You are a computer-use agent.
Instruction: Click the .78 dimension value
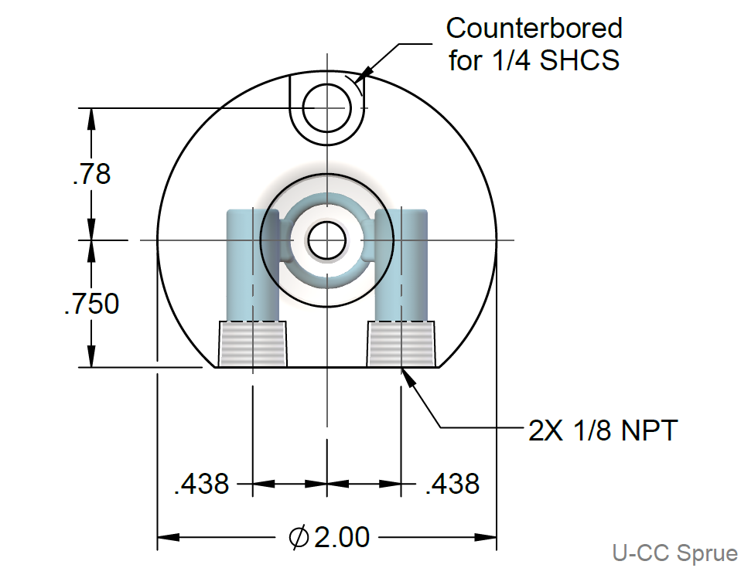tap(92, 174)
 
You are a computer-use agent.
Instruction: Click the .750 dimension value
tap(92, 304)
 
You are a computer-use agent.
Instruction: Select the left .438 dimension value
tap(202, 484)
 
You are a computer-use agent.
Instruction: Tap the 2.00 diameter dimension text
tap(341, 536)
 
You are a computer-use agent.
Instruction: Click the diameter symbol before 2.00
tap(298, 536)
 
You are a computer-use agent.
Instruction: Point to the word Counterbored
tap(534, 29)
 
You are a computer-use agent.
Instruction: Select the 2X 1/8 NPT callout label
tap(603, 430)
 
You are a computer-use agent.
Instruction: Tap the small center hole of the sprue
tap(326, 240)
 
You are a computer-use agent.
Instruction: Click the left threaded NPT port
tap(253, 344)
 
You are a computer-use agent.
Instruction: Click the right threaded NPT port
tap(401, 344)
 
